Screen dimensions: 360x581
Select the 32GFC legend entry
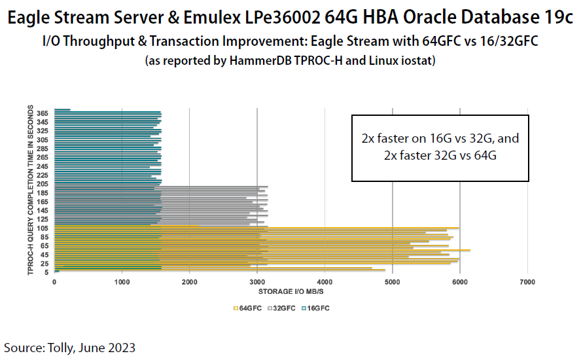[x=282, y=307]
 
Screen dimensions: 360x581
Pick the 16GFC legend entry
[x=316, y=307]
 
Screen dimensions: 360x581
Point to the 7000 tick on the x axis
[x=527, y=282]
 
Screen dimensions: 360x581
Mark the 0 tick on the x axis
[x=54, y=282]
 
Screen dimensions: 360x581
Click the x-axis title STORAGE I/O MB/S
[x=291, y=291]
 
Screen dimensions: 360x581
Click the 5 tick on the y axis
[x=46, y=272]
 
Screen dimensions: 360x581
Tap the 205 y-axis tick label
[x=43, y=184]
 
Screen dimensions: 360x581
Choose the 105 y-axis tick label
[x=43, y=228]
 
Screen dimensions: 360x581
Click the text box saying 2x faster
[x=440, y=148]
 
